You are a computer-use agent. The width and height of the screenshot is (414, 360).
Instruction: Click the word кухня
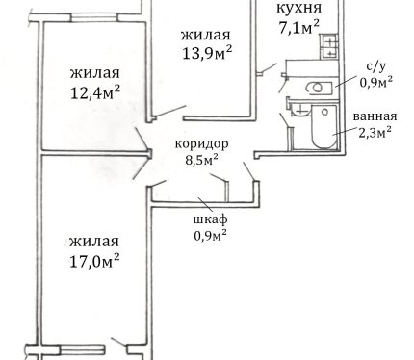[x=298, y=9]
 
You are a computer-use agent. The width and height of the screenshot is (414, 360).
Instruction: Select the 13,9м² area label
[x=207, y=52]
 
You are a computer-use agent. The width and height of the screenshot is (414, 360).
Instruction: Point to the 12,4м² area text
[x=95, y=92]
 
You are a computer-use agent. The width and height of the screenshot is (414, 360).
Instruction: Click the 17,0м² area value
[x=94, y=261]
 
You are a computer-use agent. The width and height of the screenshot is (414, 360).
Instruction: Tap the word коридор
[x=202, y=144]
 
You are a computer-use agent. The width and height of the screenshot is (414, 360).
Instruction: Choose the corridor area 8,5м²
[x=202, y=159]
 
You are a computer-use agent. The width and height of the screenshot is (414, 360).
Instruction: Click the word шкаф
[x=211, y=219]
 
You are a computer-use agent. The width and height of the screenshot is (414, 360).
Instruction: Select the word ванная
[x=375, y=116]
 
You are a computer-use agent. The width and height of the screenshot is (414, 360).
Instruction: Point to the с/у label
[x=376, y=66]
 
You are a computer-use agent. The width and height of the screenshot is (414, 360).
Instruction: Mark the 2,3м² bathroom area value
[x=375, y=132]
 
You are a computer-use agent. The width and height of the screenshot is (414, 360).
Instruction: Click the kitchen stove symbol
[x=328, y=46]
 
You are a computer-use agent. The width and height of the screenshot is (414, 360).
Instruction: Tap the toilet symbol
[x=319, y=88]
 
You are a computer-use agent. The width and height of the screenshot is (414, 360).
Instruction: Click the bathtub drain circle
[x=324, y=112]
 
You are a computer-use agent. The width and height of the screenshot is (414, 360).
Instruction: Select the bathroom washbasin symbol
[x=299, y=110]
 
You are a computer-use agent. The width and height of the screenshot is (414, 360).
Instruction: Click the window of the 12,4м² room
[x=94, y=17]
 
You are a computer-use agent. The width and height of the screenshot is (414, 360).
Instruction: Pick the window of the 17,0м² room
[x=82, y=349]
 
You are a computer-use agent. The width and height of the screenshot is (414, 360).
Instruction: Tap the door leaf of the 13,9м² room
[x=170, y=111]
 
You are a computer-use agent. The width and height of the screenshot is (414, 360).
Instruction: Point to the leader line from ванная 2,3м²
[x=345, y=131]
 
